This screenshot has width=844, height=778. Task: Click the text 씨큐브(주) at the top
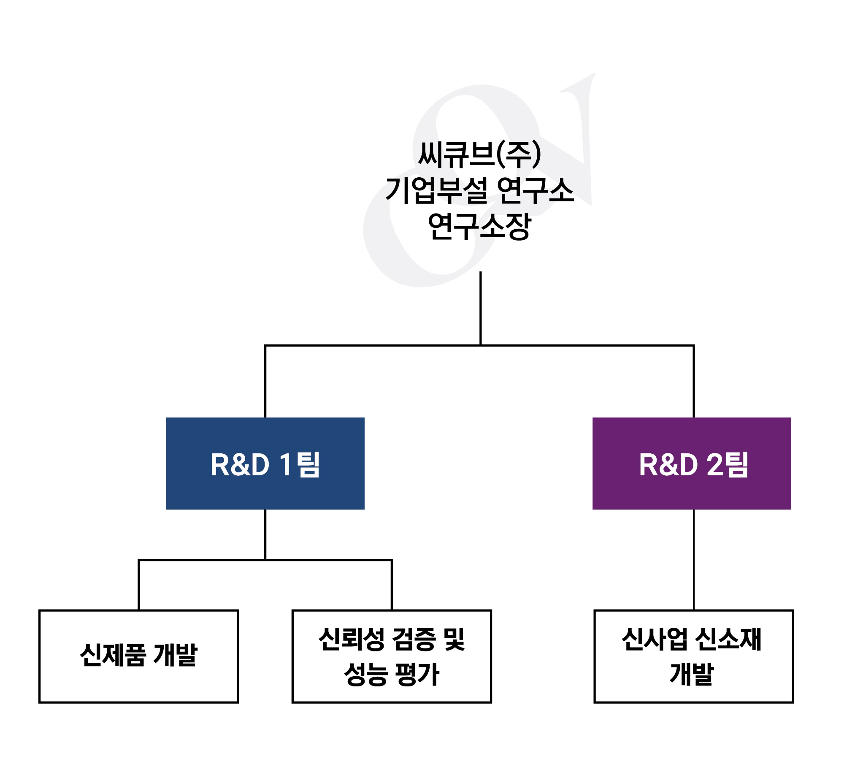pyautogui.click(x=479, y=155)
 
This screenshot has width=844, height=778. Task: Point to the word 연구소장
pyautogui.click(x=479, y=226)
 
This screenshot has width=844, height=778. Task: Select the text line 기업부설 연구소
pyautogui.click(x=479, y=190)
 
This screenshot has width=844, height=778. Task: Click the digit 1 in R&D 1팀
pyautogui.click(x=286, y=465)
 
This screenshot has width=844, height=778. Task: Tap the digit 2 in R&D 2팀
pyautogui.click(x=715, y=465)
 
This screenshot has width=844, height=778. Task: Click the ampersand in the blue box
pyautogui.click(x=241, y=465)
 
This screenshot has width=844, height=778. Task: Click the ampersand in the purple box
pyautogui.click(x=669, y=465)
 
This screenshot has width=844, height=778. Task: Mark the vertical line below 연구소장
pyautogui.click(x=480, y=308)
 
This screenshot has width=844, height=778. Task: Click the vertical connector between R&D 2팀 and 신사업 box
pyautogui.click(x=693, y=560)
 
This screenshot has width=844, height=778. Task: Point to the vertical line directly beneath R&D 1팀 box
pyautogui.click(x=265, y=534)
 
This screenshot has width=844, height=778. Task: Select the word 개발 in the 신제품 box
pyautogui.click(x=175, y=655)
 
